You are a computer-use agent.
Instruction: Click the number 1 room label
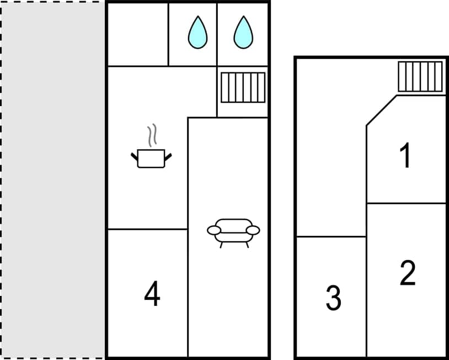(405, 156)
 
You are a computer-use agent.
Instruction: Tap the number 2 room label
(407, 273)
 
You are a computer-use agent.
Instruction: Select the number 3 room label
(333, 298)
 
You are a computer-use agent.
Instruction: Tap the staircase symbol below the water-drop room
(243, 87)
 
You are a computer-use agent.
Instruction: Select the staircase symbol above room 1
(420, 76)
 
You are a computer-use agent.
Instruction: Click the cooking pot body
(151, 159)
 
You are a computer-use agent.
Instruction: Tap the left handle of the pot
(134, 158)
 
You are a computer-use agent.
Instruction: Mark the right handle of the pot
(168, 157)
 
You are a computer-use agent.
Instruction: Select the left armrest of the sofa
(214, 230)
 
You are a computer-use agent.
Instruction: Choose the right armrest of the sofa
(253, 230)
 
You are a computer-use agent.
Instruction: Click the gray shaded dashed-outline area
(52, 179)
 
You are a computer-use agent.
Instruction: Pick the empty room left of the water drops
(137, 34)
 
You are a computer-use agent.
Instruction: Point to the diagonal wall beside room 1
(381, 110)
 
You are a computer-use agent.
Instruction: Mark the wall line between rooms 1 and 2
(406, 203)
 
